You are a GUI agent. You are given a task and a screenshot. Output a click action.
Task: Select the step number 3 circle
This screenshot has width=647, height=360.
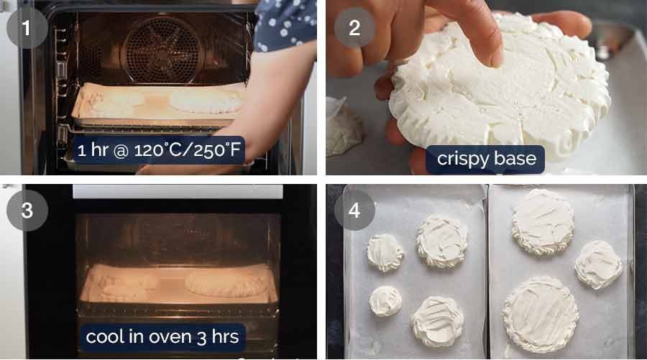tap(27, 210)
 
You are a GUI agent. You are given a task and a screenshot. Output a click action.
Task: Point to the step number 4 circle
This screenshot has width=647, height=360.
tap(354, 210)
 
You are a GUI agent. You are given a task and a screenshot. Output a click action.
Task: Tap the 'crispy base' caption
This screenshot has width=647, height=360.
tap(485, 159)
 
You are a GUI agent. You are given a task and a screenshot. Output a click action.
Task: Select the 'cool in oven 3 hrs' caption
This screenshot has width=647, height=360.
tap(162, 336)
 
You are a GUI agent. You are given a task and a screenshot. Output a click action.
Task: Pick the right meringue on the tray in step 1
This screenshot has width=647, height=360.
tap(206, 101)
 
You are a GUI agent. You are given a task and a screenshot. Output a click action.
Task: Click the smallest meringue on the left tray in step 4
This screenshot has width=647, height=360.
tap(385, 300)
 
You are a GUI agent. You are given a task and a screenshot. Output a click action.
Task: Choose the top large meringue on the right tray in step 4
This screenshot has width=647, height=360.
tap(542, 222)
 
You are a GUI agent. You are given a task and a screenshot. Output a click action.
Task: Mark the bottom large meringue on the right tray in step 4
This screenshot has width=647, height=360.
tap(541, 313)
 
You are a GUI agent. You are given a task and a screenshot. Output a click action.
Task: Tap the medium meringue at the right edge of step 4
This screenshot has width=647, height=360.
tap(598, 264)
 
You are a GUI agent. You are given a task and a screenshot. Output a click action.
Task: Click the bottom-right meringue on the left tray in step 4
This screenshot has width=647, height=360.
tap(437, 320)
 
